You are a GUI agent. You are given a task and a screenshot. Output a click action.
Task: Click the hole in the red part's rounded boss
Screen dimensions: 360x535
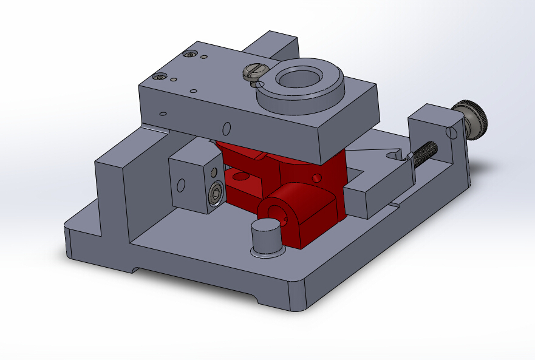pyautogui.click(x=273, y=212)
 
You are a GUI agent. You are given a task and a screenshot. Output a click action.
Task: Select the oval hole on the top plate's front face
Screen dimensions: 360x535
pyautogui.click(x=227, y=128)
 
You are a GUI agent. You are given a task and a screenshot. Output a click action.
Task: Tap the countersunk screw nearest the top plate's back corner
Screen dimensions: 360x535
pyautogui.click(x=192, y=55)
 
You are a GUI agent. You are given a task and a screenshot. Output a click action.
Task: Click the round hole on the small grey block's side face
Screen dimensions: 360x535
pyautogui.click(x=181, y=185)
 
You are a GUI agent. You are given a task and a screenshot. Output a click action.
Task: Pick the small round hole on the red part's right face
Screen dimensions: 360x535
pyautogui.click(x=316, y=178)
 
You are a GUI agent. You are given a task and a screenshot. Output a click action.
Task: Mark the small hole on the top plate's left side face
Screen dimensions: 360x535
pyautogui.click(x=163, y=113)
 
